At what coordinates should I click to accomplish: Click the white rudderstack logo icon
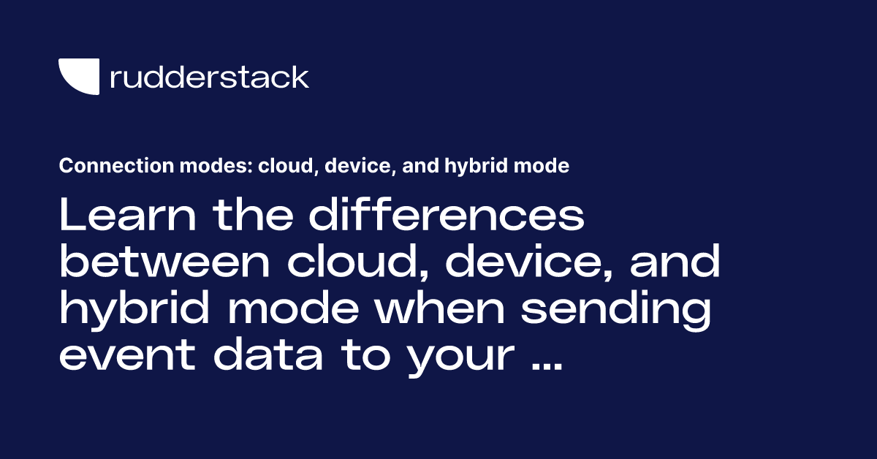point(79,77)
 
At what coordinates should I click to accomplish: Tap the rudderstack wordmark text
point(209,77)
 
